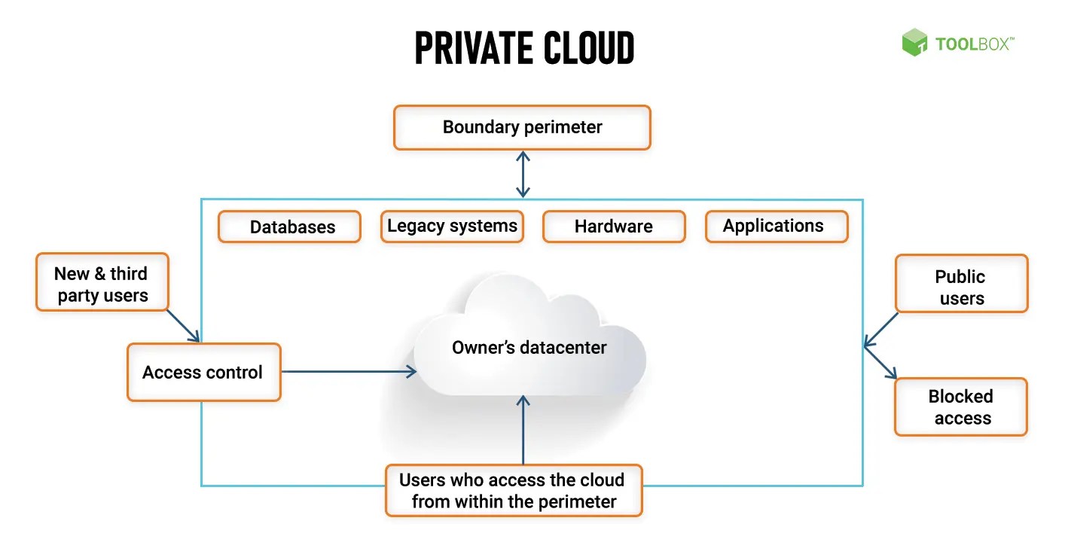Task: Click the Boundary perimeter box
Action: point(521,127)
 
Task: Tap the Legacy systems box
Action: point(452,226)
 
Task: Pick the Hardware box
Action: point(613,227)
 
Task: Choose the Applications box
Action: point(776,226)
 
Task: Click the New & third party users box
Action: point(102,283)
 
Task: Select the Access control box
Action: point(203,372)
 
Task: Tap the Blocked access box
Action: point(960,406)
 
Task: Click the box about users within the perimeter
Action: point(513,490)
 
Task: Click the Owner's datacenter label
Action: point(529,348)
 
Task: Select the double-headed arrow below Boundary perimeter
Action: point(523,174)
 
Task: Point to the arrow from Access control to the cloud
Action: point(346,371)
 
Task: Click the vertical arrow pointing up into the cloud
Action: point(523,429)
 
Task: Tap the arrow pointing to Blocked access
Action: point(881,364)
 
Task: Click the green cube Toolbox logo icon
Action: point(914,43)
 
